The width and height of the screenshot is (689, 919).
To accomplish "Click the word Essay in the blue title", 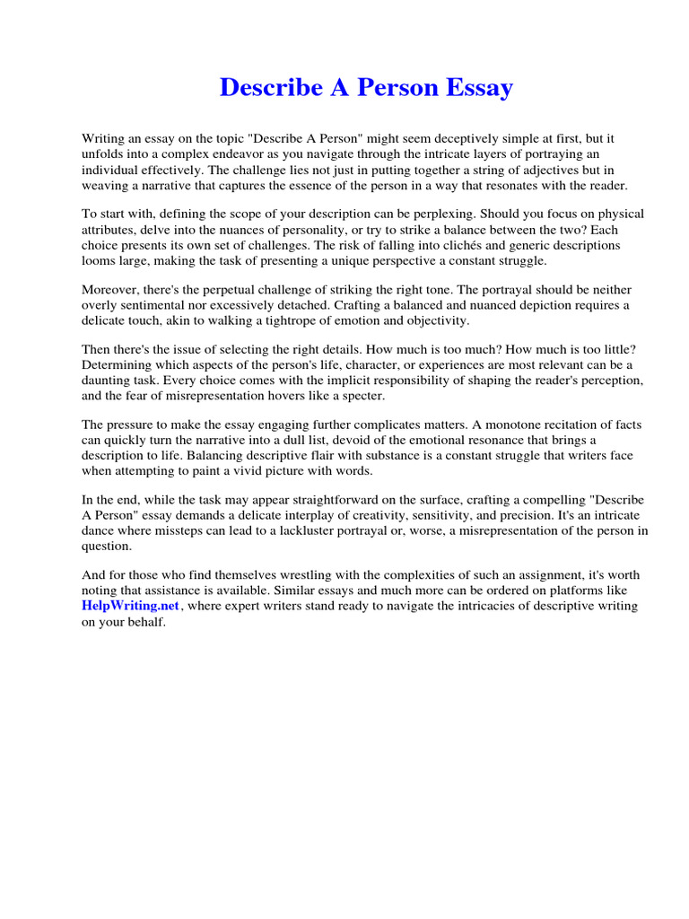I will pyautogui.click(x=479, y=88).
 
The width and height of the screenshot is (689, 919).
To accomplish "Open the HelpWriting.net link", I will pyautogui.click(x=131, y=607).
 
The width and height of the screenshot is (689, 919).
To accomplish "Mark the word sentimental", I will pyautogui.click(x=152, y=305).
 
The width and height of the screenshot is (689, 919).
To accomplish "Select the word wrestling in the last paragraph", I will pyautogui.click(x=286, y=575).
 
